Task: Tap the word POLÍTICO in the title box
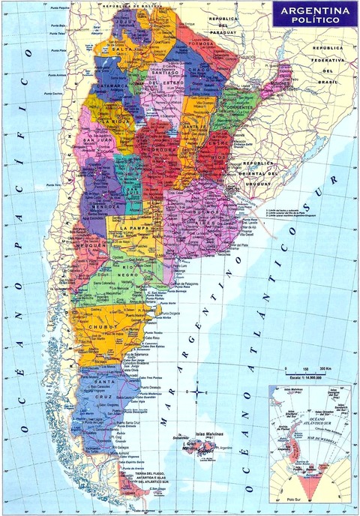314,21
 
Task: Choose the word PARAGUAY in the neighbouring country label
223,31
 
